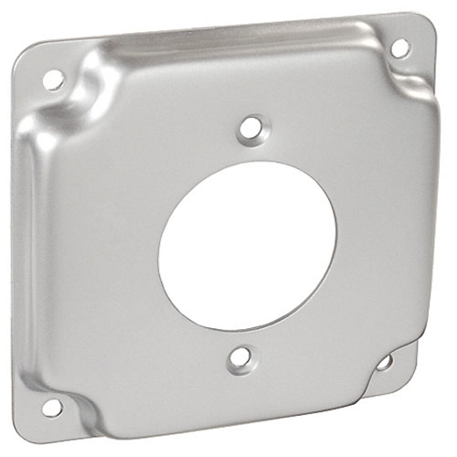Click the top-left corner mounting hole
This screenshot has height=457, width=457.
[54, 80]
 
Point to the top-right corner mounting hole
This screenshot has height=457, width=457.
[399, 48]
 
